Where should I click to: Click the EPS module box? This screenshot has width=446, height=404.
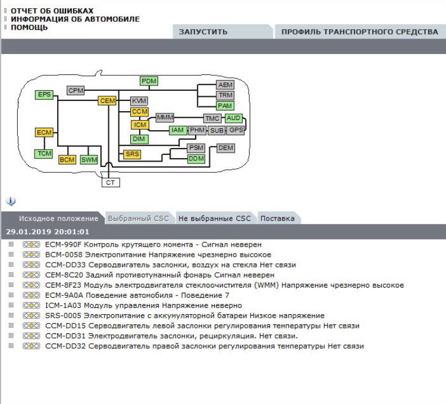[45, 94]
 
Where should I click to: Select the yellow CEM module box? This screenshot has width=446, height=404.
[107, 101]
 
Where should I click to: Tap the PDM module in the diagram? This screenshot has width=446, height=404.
[149, 81]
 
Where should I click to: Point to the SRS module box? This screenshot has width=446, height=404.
[133, 154]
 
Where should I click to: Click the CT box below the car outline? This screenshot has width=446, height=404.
[110, 182]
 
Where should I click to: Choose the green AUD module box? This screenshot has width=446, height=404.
[234, 118]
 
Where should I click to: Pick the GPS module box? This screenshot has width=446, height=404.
[236, 130]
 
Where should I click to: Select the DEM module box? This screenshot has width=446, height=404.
[226, 147]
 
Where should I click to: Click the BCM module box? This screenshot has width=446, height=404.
[67, 159]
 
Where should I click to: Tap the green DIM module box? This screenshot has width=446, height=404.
[140, 139]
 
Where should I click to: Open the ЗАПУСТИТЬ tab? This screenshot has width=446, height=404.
[203, 32]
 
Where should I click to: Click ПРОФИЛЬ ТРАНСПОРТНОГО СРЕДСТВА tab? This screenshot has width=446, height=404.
[359, 32]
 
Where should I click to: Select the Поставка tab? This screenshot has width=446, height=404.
[277, 219]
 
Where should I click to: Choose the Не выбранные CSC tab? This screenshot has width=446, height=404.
[215, 219]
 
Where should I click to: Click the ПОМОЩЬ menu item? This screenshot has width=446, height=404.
[29, 27]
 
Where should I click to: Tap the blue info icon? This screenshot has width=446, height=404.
[11, 201]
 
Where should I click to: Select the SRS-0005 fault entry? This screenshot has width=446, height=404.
[64, 315]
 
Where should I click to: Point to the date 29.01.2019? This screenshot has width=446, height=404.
[26, 232]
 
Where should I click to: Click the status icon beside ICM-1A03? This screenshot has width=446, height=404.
[31, 305]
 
